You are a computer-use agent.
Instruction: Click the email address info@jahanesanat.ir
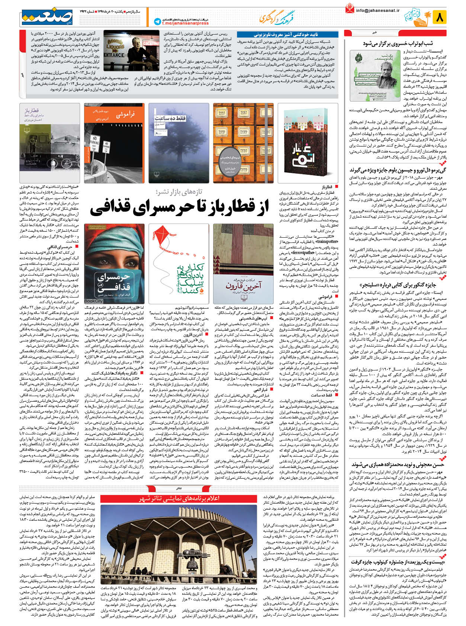tap(377, 10)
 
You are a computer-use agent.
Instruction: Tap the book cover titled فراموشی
tap(114, 143)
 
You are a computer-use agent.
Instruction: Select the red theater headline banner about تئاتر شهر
tap(179, 498)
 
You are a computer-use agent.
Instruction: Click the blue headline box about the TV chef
tap(287, 35)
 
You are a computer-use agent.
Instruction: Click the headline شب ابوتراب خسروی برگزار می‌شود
tap(402, 44)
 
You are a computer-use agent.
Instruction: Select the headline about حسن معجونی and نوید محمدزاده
tap(397, 465)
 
